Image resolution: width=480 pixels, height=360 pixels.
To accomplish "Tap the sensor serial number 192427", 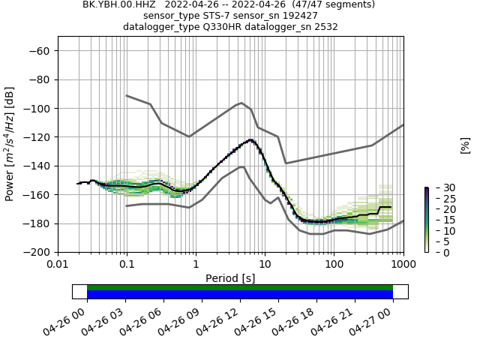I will tap(298, 16).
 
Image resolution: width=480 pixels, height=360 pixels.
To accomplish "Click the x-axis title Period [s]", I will tap(230, 278).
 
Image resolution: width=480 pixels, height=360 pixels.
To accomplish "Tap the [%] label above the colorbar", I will tap(465, 145).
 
